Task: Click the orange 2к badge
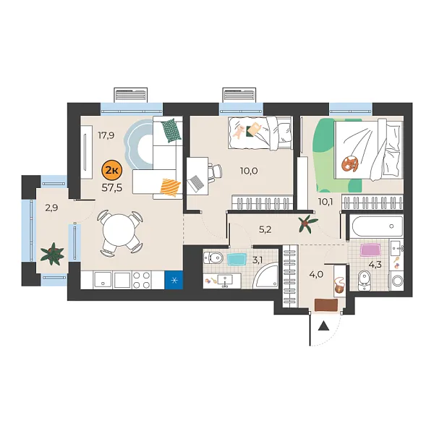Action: tap(113, 171)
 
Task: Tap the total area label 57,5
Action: tap(112, 187)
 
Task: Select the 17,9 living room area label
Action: tap(107, 135)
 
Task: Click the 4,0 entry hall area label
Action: tap(316, 274)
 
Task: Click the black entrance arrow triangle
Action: tap(323, 325)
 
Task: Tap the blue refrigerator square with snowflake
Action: tap(174, 278)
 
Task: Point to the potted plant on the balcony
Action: tap(52, 253)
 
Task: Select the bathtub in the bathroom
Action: tap(375, 227)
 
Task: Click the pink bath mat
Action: tap(370, 251)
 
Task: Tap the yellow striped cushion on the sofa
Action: tap(169, 187)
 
